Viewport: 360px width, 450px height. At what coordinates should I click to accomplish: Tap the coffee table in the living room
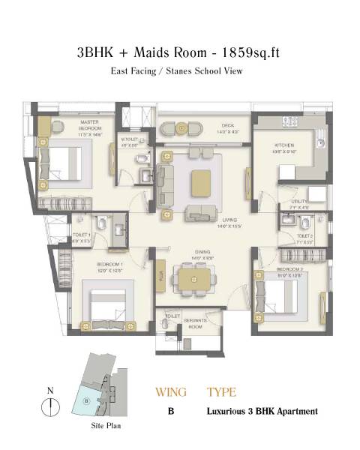coord(201,182)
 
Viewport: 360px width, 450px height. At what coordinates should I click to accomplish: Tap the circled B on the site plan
coord(87,400)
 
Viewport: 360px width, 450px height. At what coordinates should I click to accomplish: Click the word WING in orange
coord(171,392)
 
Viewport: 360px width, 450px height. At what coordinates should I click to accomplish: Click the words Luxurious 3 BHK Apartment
coord(262,412)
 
